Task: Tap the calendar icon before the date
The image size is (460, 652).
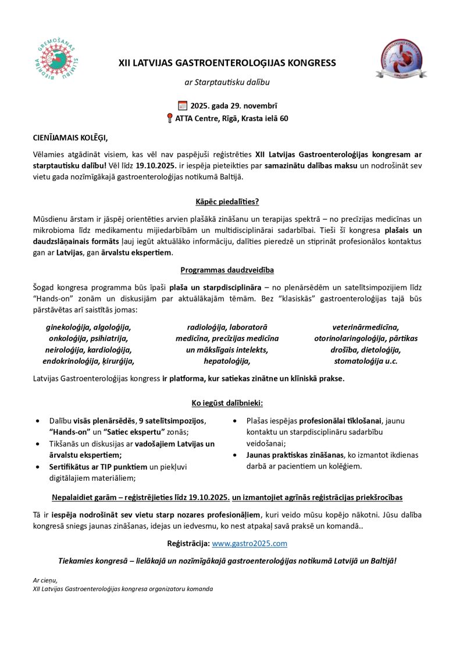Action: (x=183, y=105)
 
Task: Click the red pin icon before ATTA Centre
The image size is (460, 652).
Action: (x=169, y=119)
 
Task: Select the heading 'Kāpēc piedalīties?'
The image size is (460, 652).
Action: (x=227, y=202)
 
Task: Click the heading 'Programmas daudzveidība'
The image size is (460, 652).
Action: (x=227, y=270)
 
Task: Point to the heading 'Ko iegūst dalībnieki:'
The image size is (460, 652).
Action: (x=227, y=403)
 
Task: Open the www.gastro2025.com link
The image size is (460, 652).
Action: (x=249, y=543)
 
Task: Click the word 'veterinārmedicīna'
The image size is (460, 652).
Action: (x=365, y=327)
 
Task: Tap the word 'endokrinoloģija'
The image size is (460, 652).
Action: (x=72, y=361)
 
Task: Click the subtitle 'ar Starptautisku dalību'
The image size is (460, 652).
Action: (x=227, y=82)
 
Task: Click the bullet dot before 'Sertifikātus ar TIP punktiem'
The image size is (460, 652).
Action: (x=38, y=467)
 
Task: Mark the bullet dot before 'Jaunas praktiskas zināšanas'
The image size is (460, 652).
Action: (x=235, y=455)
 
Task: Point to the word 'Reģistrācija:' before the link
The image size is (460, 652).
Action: (x=188, y=543)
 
